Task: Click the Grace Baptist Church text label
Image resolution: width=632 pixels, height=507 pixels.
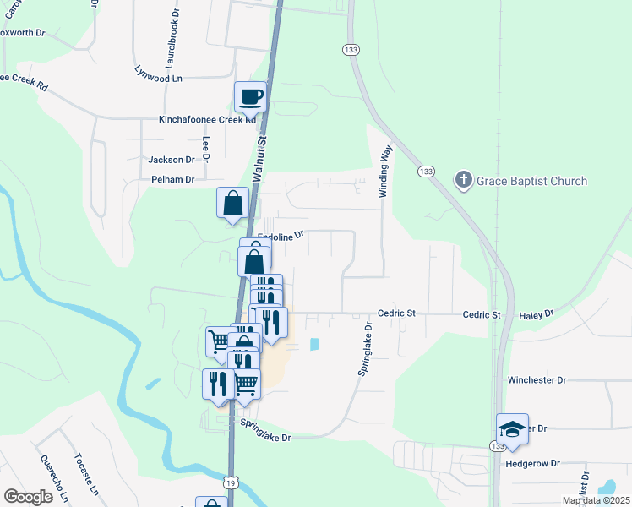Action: pyautogui.click(x=531, y=181)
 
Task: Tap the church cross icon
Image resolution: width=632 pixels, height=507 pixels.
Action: pyautogui.click(x=463, y=179)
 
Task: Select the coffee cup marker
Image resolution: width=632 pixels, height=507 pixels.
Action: pyautogui.click(x=249, y=96)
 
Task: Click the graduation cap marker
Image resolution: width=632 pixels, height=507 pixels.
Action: pyautogui.click(x=512, y=428)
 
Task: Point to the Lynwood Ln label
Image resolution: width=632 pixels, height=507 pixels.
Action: pyautogui.click(x=159, y=74)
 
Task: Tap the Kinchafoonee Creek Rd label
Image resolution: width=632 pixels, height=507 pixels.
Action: pyautogui.click(x=207, y=120)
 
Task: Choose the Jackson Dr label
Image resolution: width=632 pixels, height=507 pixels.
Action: pyautogui.click(x=172, y=159)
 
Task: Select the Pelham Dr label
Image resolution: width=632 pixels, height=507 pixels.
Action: pyautogui.click(x=172, y=179)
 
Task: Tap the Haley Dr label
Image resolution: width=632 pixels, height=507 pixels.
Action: pyautogui.click(x=537, y=313)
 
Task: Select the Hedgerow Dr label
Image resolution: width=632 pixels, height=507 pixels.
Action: pyautogui.click(x=532, y=464)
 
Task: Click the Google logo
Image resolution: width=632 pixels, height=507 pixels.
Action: pyautogui.click(x=28, y=496)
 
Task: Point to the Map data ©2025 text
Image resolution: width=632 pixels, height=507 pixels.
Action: pyautogui.click(x=596, y=500)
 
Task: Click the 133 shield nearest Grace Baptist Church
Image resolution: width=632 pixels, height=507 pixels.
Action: pyautogui.click(x=426, y=172)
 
